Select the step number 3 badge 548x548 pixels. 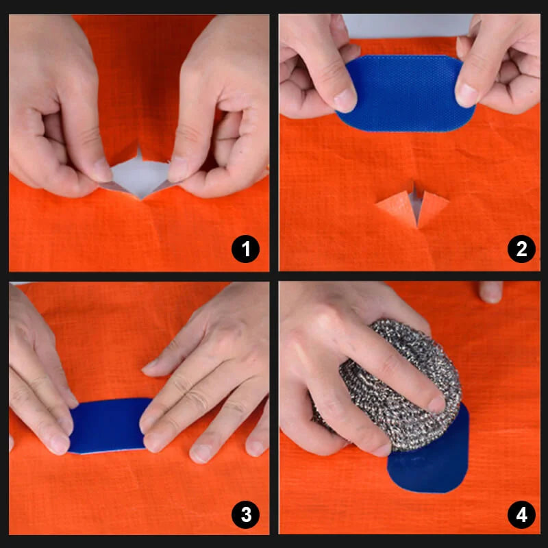pyautogui.click(x=245, y=514)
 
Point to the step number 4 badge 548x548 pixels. pyautogui.click(x=521, y=514)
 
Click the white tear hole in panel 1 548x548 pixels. pyautogui.click(x=140, y=175)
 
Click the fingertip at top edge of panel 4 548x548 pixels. pyautogui.click(x=490, y=292)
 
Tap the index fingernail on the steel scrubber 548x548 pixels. pyautogui.click(x=437, y=404)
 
